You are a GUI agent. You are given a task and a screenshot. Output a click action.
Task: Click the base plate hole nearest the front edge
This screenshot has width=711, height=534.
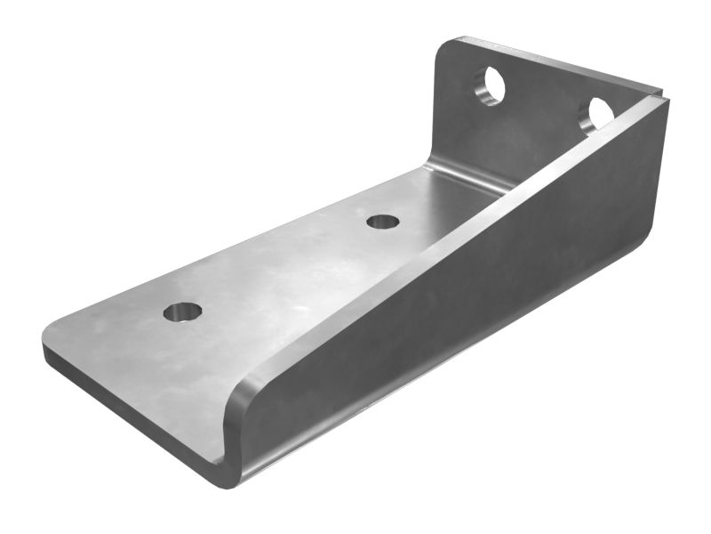pos(182,312)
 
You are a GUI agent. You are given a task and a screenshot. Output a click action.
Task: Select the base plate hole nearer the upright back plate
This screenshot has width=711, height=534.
pos(382,221)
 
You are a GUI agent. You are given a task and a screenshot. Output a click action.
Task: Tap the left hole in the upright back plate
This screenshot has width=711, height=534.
pos(490,86)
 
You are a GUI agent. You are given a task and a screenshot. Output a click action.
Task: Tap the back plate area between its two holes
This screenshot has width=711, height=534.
pos(542,102)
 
